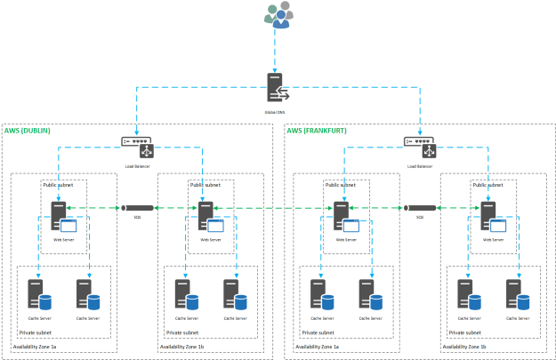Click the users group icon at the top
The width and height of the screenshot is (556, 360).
click(280, 15)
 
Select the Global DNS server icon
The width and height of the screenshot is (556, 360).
click(276, 88)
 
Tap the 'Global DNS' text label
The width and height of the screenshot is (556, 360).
click(276, 112)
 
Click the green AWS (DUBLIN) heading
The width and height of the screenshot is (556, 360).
click(28, 131)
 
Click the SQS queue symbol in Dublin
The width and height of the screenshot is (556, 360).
click(138, 208)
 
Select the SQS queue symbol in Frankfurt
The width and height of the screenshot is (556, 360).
click(419, 208)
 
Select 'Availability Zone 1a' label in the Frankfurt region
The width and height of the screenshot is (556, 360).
click(318, 347)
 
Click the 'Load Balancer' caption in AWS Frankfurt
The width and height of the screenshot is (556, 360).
click(420, 165)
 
